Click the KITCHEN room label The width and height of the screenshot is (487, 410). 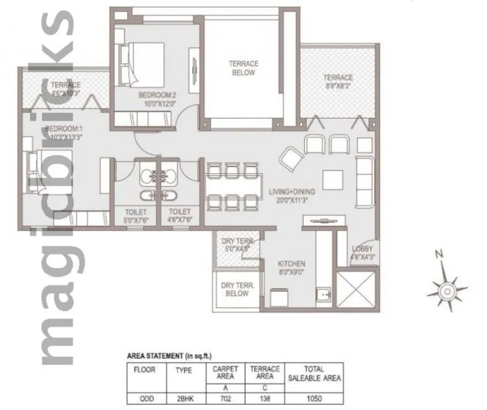pyautogui.click(x=292, y=263)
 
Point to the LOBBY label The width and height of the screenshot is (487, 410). pyautogui.click(x=362, y=249)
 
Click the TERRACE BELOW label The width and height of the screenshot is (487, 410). pyautogui.click(x=243, y=68)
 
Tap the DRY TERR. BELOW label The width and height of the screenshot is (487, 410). pyautogui.click(x=237, y=290)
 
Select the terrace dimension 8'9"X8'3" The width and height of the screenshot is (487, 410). pyautogui.click(x=339, y=85)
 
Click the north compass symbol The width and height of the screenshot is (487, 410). pyautogui.click(x=447, y=289)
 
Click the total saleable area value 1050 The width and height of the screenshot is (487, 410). pyautogui.click(x=314, y=399)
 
